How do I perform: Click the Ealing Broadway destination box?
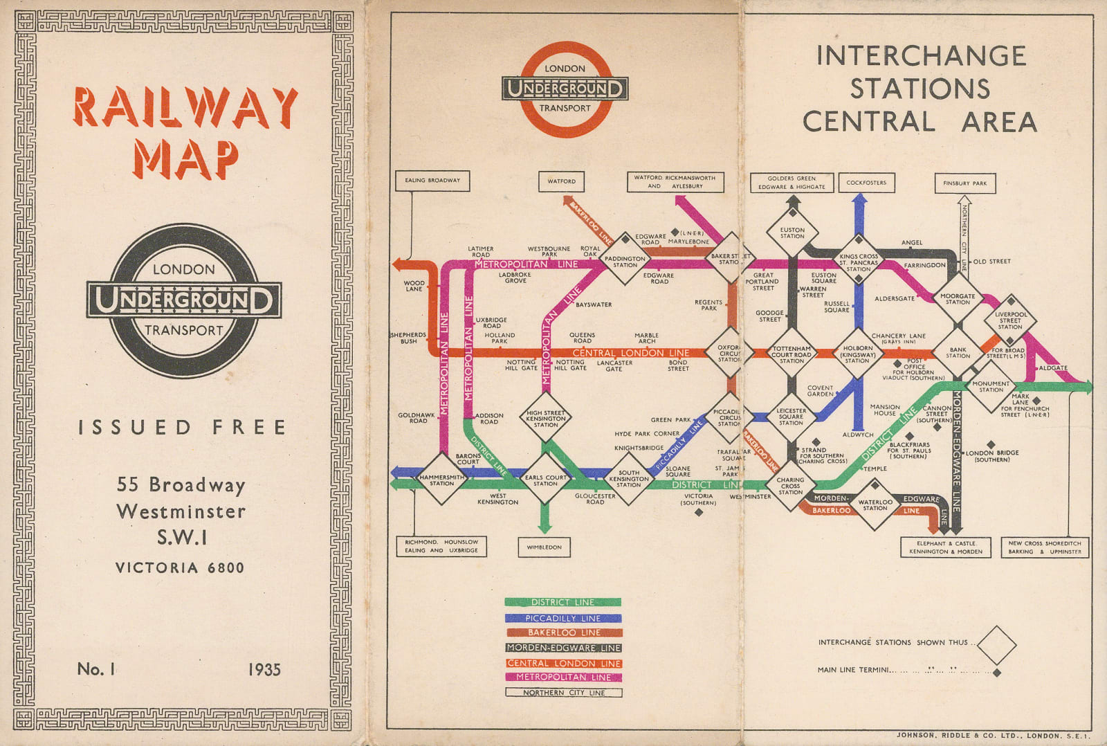pos(432,181)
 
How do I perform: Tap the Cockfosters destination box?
pos(866,183)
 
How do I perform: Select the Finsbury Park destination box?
pos(964,183)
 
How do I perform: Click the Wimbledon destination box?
pos(545,547)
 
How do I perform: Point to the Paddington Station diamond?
pos(625,260)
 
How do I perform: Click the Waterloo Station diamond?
pos(875,505)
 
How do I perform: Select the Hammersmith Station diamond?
pos(441,479)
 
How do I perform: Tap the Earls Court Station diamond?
pos(545,479)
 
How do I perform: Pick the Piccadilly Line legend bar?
pos(562,618)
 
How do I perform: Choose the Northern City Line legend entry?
pos(563,693)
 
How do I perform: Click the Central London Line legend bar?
pos(563,663)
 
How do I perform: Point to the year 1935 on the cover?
pos(264,669)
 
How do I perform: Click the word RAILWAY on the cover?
pos(185,108)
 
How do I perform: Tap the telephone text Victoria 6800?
pos(180,568)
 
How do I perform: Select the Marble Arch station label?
pos(646,338)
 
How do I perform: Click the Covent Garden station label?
pos(820,391)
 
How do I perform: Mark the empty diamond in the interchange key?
pos(996,645)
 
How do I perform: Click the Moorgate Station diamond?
pos(958,298)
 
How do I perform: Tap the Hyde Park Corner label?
pos(647,434)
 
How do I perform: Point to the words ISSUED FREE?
pos(182,428)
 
